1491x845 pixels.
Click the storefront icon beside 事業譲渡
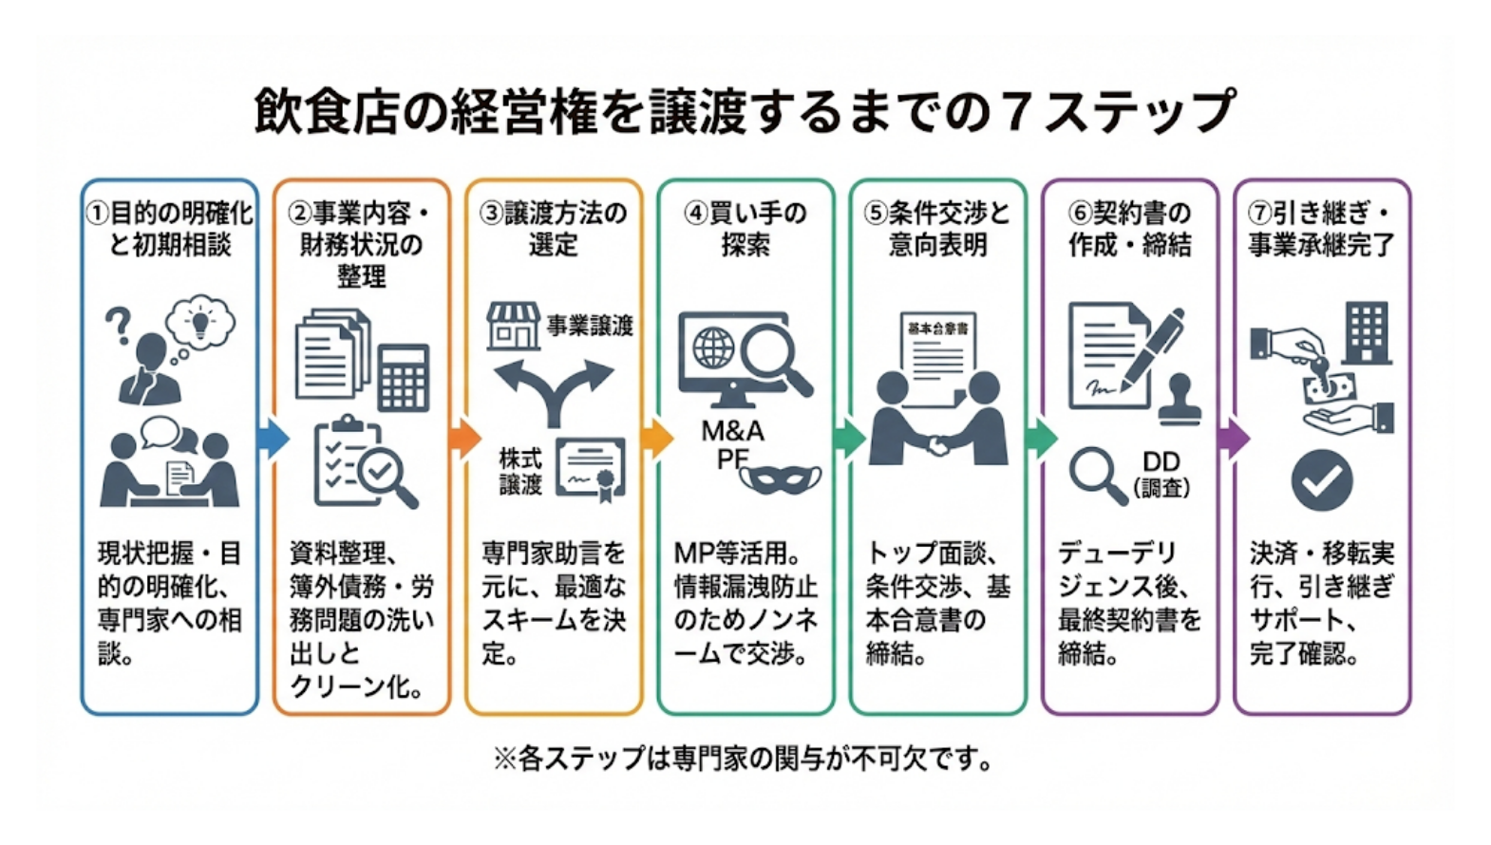pyautogui.click(x=513, y=326)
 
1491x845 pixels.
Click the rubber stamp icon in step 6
pyautogui.click(x=1181, y=399)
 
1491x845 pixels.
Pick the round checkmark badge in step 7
pyautogui.click(x=1321, y=481)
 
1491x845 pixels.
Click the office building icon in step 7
pyautogui.click(x=1367, y=333)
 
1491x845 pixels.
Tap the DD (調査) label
pyautogui.click(x=1161, y=474)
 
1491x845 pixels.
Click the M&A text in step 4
pyautogui.click(x=732, y=431)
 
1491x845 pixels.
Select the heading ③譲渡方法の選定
pyautogui.click(x=554, y=229)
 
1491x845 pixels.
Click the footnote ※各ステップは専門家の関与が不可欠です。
pyautogui.click(x=744, y=759)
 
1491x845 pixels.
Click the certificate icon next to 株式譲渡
pyautogui.click(x=591, y=468)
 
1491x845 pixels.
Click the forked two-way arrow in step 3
pyautogui.click(x=554, y=389)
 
